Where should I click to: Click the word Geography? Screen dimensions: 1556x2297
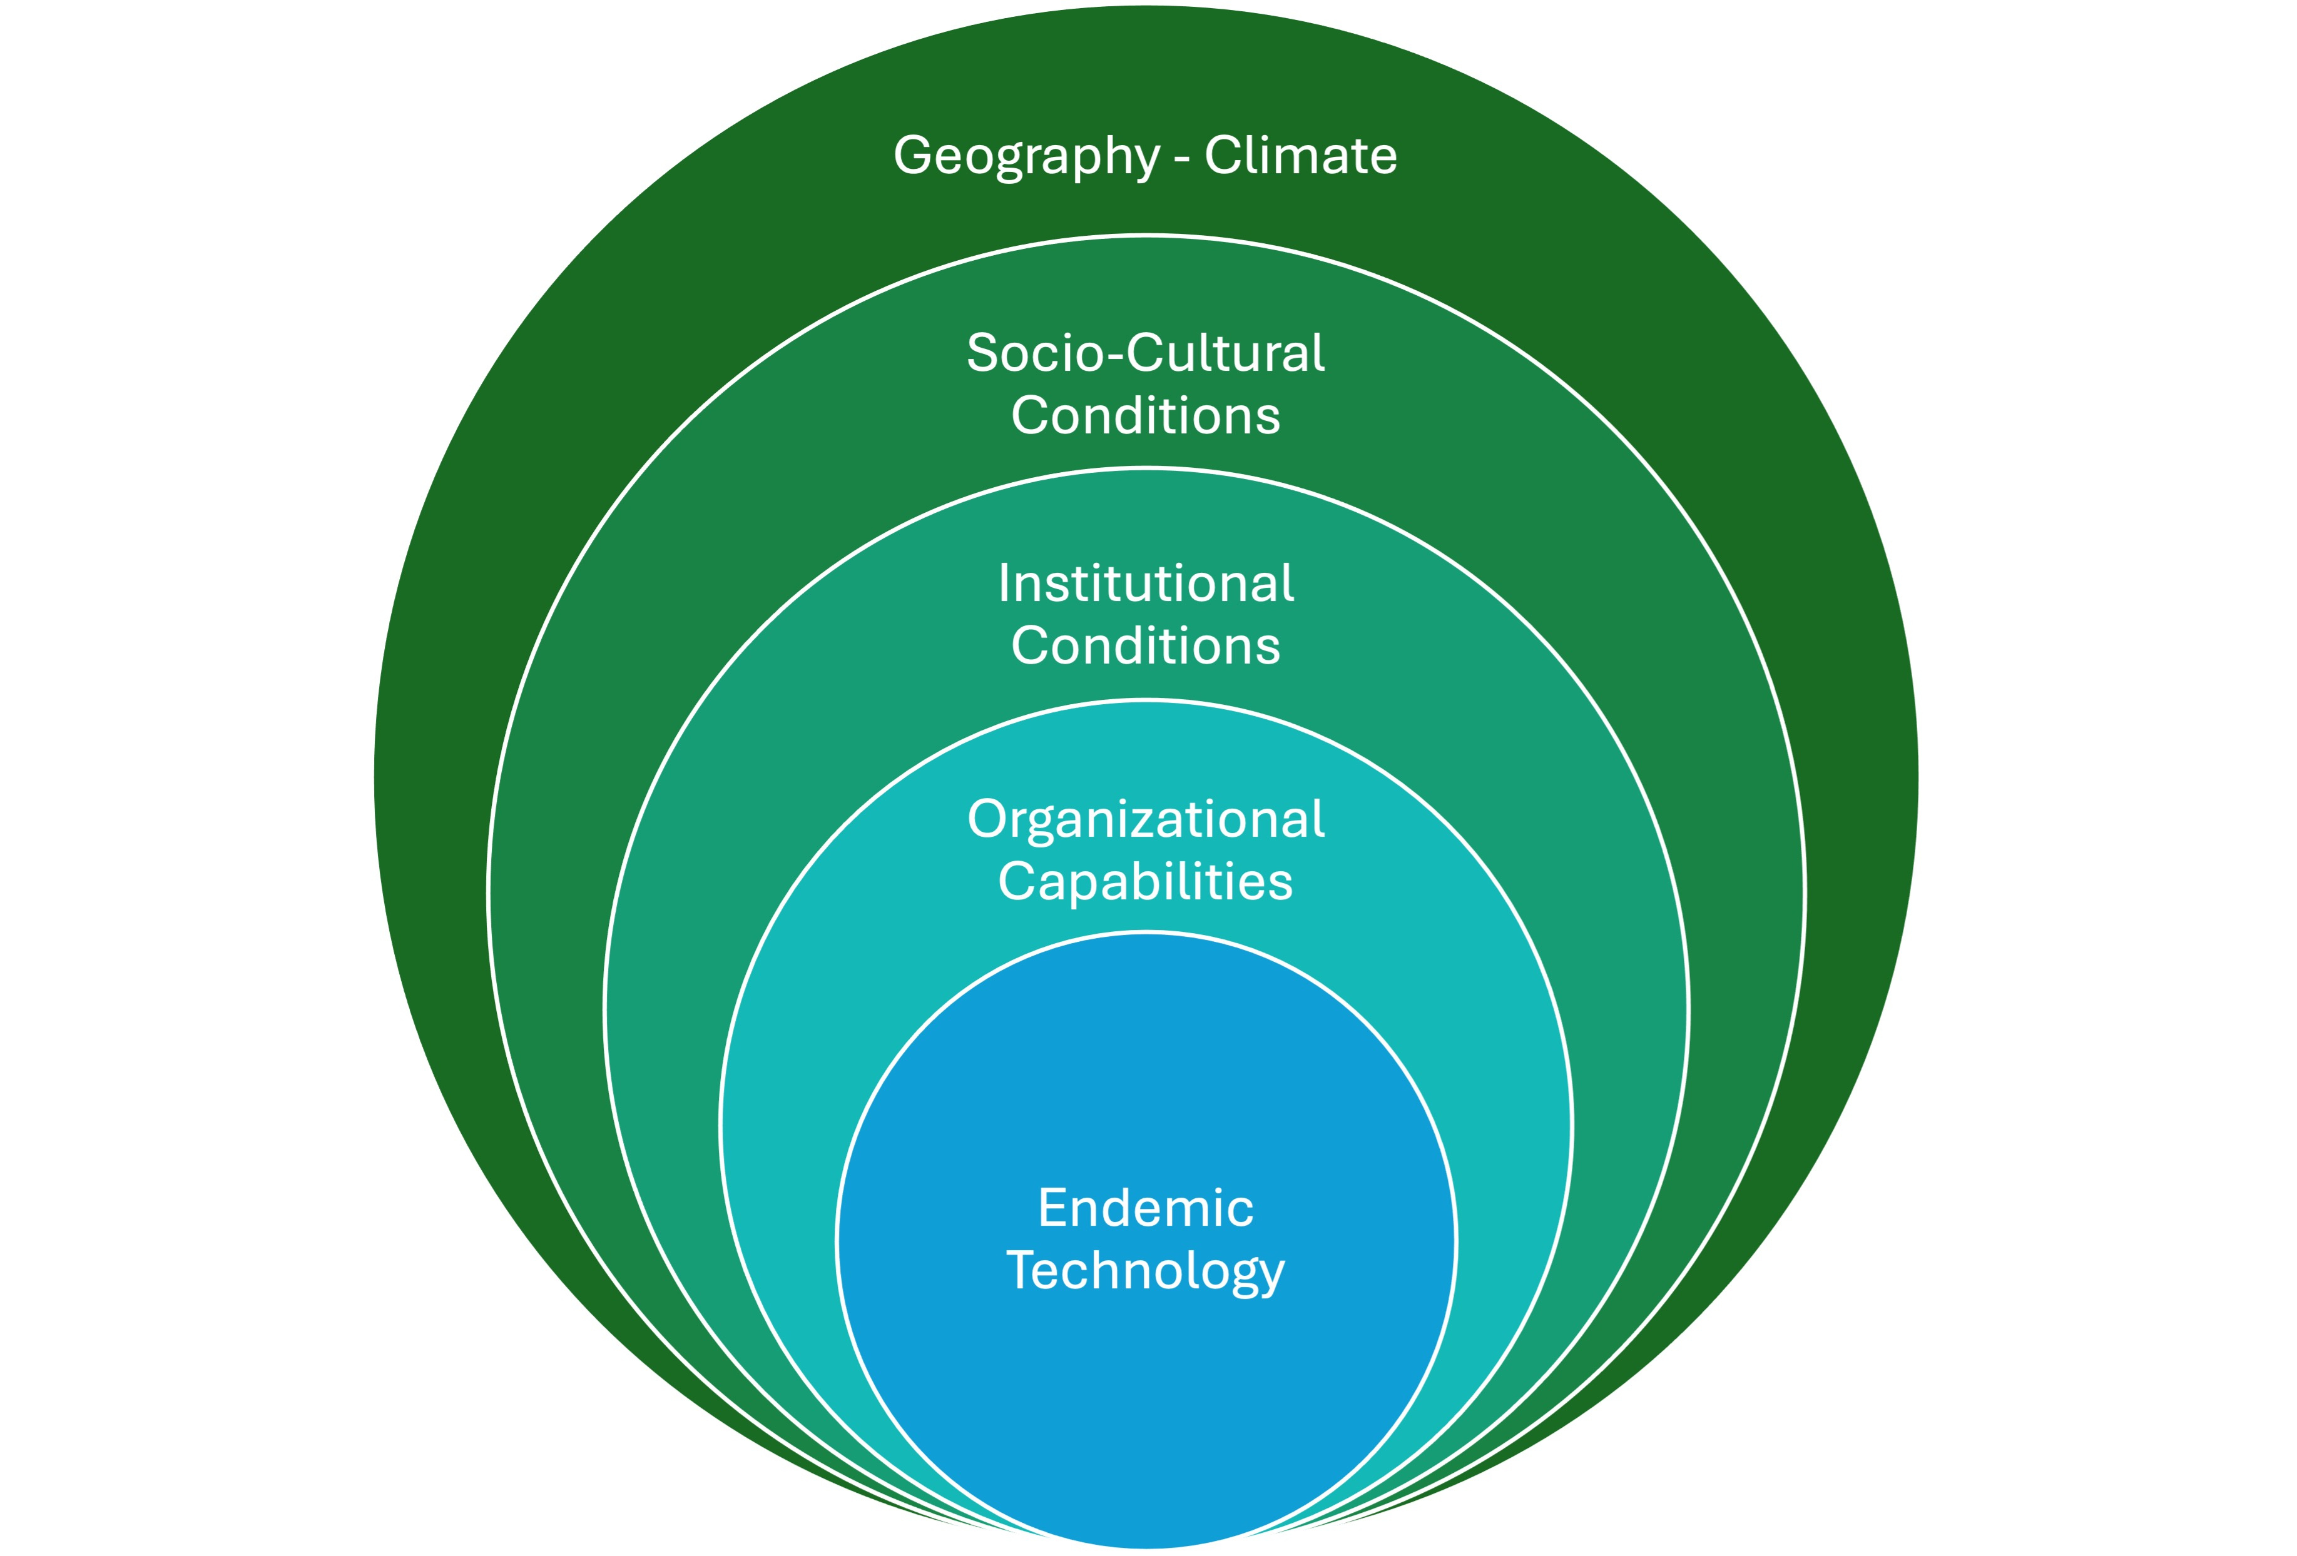pos(1026,156)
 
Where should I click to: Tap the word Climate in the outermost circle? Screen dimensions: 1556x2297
pos(1301,156)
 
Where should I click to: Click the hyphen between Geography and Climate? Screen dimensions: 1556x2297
pos(1182,158)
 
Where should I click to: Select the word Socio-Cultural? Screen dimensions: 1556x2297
pos(1146,354)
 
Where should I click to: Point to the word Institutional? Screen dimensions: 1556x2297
pos(1146,584)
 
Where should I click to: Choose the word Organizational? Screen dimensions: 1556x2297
pos(1146,820)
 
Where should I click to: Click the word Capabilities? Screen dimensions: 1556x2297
pos(1146,882)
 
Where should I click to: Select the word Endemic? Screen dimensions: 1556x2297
pos(1146,1208)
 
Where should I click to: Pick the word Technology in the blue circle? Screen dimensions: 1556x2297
pos(1146,1271)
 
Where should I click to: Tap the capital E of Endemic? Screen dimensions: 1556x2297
pos(1052,1208)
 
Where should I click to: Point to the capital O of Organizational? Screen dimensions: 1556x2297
pos(989,819)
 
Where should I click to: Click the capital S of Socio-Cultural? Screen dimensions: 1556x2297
pos(984,354)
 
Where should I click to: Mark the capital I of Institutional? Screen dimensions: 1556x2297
pos(1004,584)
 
